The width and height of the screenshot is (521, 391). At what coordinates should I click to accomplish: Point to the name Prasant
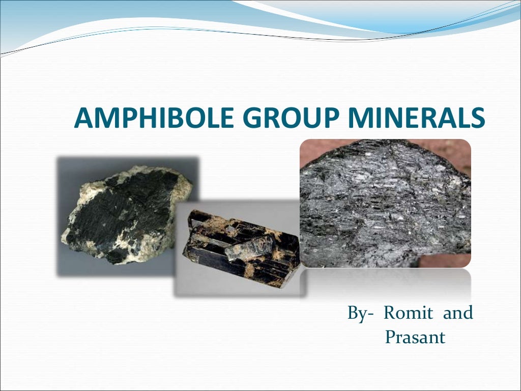[415, 337]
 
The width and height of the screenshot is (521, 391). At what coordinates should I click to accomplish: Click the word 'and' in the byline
[457, 313]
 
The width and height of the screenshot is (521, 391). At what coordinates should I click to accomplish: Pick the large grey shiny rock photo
[385, 204]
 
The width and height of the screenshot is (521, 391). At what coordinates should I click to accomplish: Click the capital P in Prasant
[390, 337]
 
